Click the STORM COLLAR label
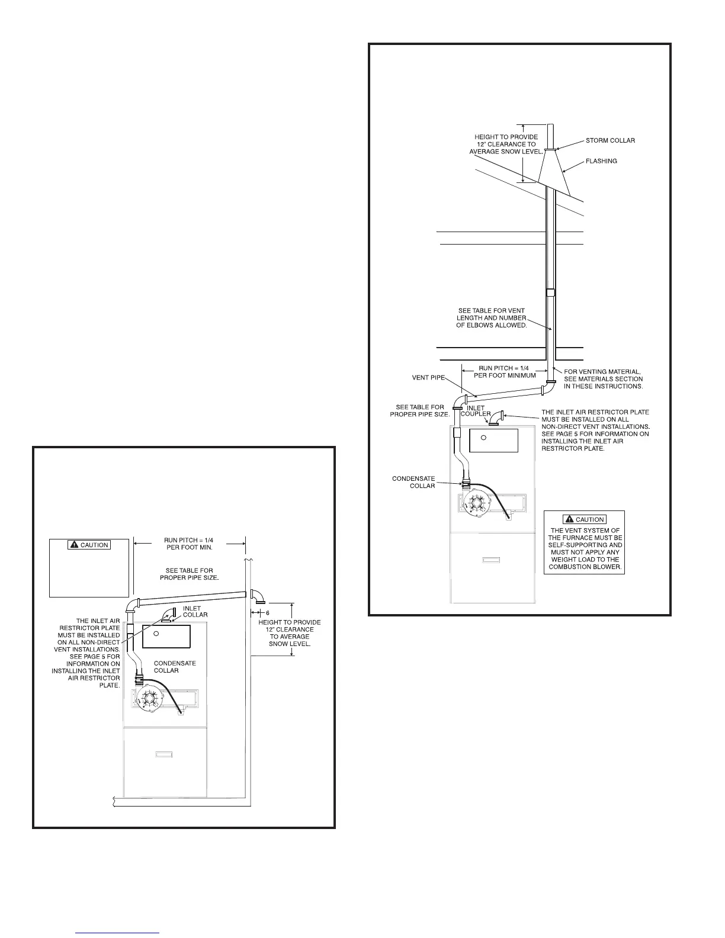click(610, 140)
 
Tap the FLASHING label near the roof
click(601, 161)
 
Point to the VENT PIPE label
click(428, 377)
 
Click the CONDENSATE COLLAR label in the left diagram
click(175, 667)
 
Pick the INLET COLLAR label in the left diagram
click(195, 611)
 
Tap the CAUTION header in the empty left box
click(89, 545)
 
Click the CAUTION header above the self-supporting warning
click(584, 519)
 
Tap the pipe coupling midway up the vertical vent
click(550, 292)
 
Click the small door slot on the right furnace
click(492, 560)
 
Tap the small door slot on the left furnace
click(164, 754)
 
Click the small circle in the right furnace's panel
click(484, 438)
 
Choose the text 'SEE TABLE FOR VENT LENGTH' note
click(491, 318)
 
